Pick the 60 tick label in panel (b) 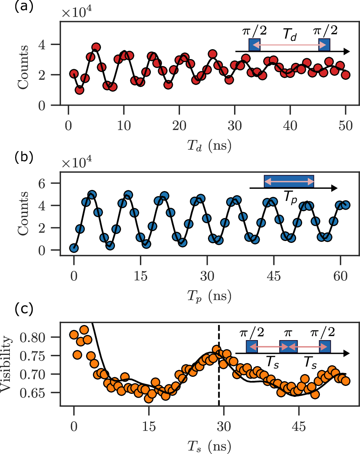340,275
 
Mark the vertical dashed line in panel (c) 219,378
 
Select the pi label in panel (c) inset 288,334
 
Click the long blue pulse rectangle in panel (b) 289,182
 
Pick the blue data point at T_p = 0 74,248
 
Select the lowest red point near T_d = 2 79,90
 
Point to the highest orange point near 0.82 84,330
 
